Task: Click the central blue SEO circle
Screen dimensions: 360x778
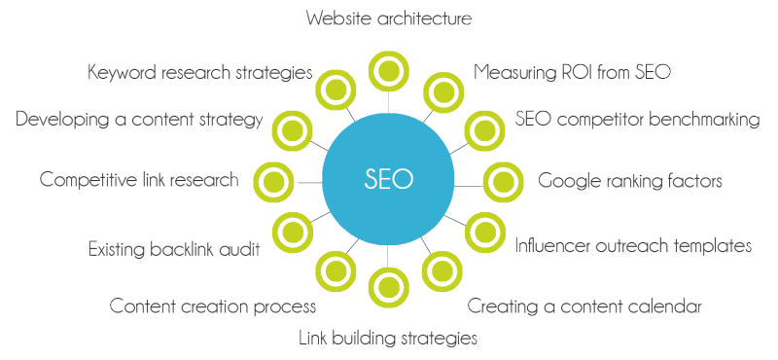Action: tap(388, 179)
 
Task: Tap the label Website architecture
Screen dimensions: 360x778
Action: tap(388, 18)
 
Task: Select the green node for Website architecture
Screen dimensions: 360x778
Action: tap(388, 71)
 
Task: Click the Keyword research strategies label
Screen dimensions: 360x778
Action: tap(199, 72)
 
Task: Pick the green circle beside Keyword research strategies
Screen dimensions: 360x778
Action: tap(336, 86)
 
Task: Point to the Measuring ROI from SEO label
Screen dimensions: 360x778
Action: tap(573, 72)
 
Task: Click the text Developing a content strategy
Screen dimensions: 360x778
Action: tap(139, 121)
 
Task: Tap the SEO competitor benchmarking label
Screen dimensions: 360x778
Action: tap(637, 121)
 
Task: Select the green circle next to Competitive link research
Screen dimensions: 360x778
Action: tap(271, 180)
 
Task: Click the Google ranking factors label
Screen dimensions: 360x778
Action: tap(630, 180)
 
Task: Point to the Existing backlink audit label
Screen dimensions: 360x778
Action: tap(173, 249)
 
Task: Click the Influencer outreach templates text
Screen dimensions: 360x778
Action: tap(633, 245)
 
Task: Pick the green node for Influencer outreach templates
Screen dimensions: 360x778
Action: tap(481, 232)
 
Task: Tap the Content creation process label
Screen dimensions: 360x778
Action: tap(213, 306)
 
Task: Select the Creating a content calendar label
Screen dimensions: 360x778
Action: tap(584, 306)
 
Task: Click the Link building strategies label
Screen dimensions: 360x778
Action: tap(387, 338)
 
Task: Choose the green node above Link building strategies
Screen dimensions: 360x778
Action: tap(388, 287)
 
